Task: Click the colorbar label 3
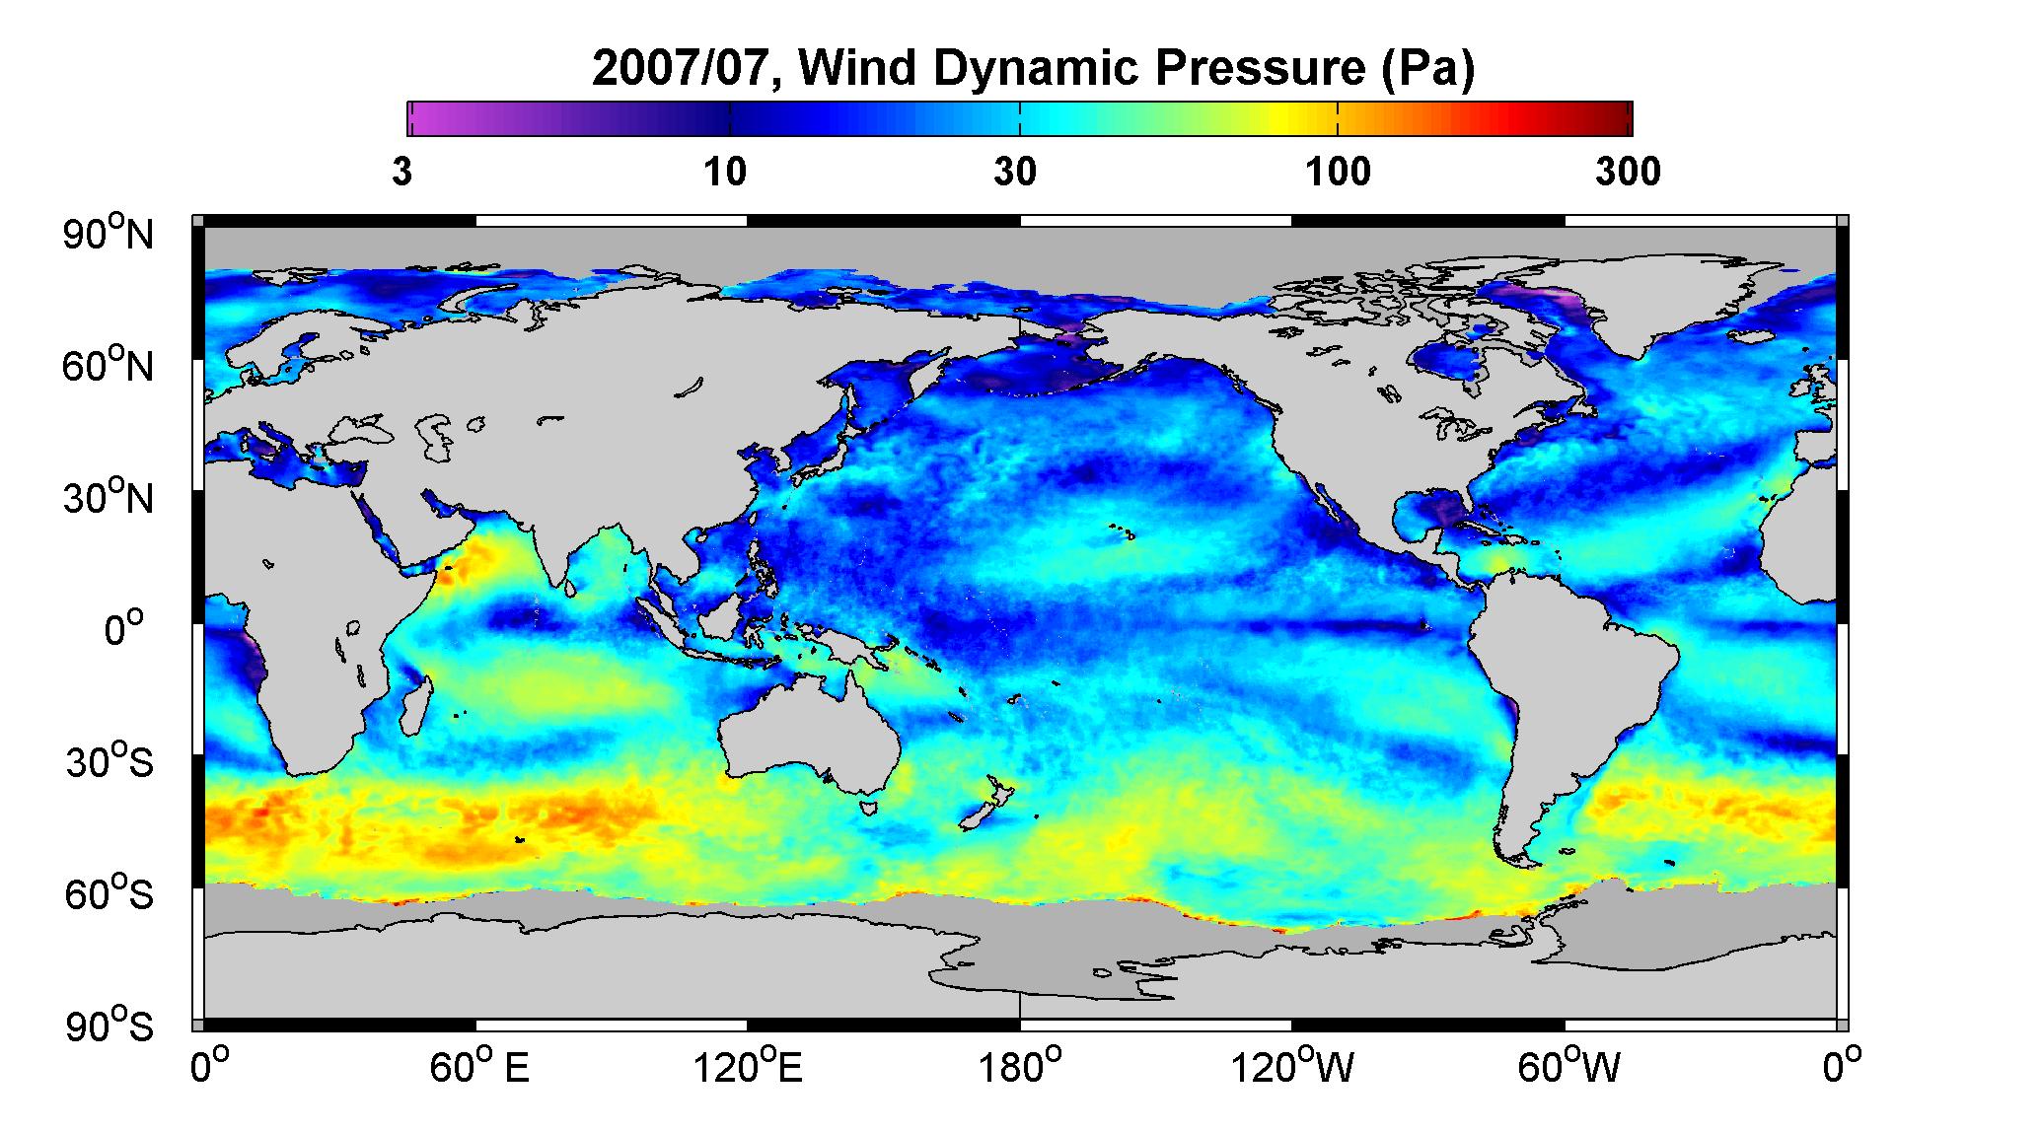401,172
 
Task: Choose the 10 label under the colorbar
725,172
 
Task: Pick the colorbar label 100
1338,172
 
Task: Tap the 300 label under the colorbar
1628,172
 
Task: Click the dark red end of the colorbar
1619,118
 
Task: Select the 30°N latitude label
109,497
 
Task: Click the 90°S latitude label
109,1026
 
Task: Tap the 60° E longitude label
478,1067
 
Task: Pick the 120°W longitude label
1293,1067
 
